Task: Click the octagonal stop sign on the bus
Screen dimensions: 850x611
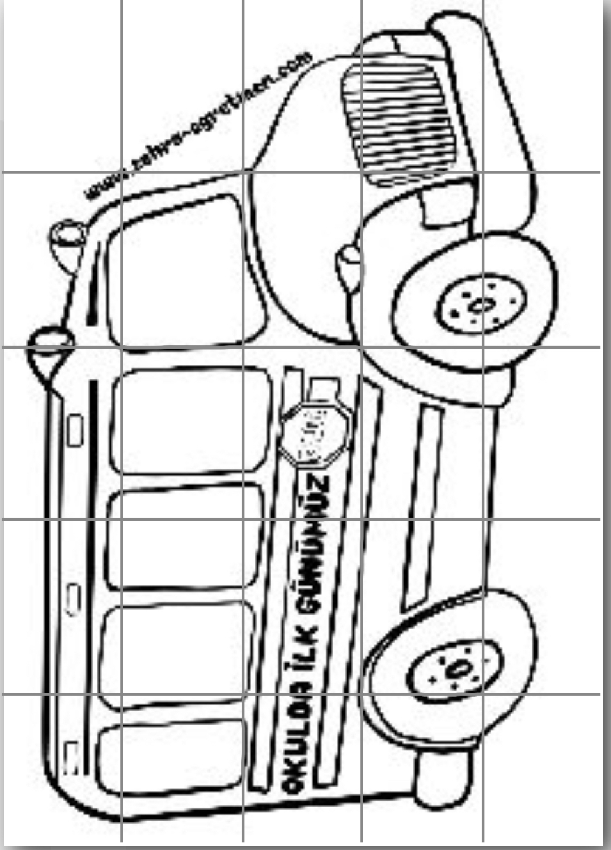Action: tap(313, 434)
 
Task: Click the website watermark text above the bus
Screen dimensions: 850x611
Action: tap(198, 125)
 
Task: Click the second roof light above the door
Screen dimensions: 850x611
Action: tap(48, 345)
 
